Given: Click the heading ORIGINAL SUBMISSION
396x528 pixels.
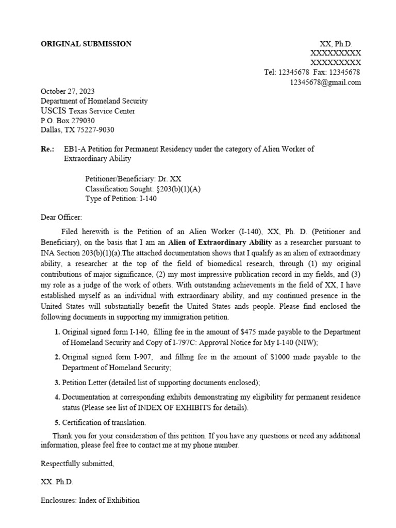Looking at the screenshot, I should pos(86,44).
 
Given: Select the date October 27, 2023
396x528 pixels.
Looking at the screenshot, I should pos(68,91).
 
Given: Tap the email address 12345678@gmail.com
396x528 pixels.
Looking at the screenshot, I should pos(325,82).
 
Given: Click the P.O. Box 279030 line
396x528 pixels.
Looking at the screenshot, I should pos(68,120).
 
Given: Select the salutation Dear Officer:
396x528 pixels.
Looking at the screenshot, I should pos(61,218).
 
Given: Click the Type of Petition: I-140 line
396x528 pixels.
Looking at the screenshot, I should pos(121,199).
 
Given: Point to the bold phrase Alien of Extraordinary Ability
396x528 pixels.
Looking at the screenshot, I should pos(220,242).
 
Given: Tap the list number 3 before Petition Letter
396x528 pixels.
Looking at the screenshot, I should pos(58,383).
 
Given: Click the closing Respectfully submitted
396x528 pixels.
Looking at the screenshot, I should pos(77,464).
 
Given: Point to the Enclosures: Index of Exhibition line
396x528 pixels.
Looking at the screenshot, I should pos(90,500).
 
